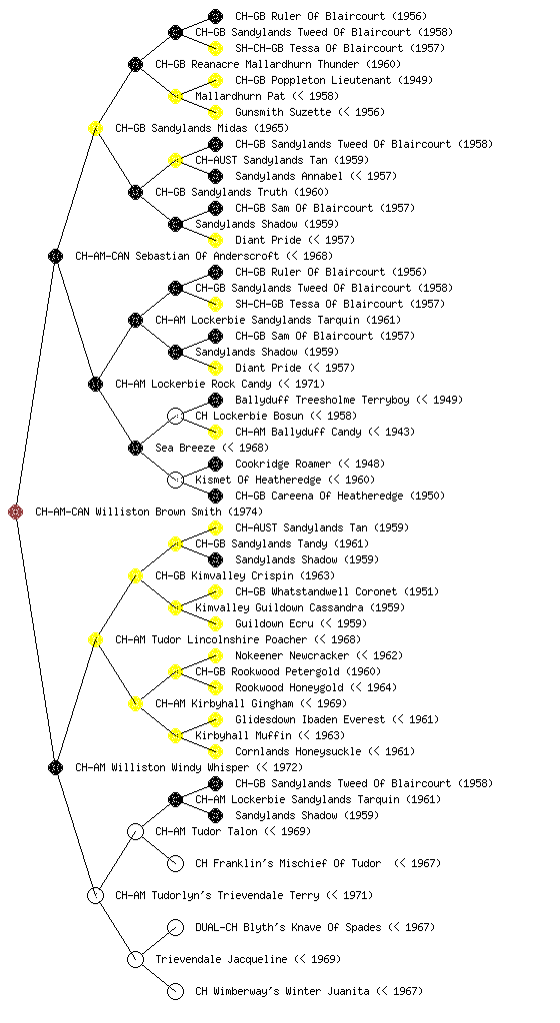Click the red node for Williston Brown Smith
[16, 511]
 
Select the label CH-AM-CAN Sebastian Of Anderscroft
[177, 256]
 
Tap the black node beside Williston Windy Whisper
[56, 767]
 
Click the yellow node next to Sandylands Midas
[96, 128]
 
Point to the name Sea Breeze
[185, 448]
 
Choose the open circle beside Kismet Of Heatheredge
[176, 480]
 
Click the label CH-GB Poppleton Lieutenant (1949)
[334, 80]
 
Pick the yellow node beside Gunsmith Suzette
[215, 112]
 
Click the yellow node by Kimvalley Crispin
[136, 575]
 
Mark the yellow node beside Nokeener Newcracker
[215, 655]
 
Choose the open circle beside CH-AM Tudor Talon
[136, 831]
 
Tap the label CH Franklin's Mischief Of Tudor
[288, 863]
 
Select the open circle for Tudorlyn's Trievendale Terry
[96, 895]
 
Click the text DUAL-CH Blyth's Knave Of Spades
[288, 927]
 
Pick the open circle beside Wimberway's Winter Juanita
[176, 991]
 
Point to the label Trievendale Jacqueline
[221, 959]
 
